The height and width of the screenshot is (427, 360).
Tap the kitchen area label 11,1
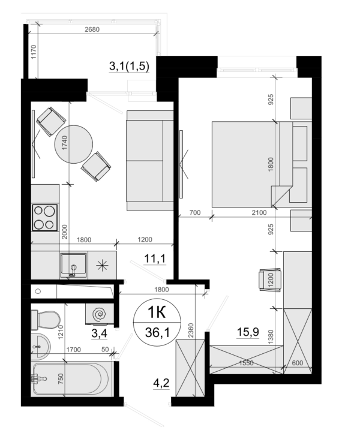coord(155,258)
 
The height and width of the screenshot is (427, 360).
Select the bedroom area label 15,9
coord(248,332)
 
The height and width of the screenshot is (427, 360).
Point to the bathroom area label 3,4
coord(99,333)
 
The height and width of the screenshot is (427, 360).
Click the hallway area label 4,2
coord(161,383)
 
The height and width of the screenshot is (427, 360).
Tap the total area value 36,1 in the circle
coord(157,332)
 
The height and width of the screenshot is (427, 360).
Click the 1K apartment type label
coord(157,312)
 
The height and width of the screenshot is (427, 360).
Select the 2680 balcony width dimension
coord(92,29)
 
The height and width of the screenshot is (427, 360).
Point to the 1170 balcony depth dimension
coord(33,52)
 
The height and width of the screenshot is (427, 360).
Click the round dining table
coord(74,144)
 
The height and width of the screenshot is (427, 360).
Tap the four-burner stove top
coord(45,218)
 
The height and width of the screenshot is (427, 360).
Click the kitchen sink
coord(74,264)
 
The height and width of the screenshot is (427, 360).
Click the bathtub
coord(72,379)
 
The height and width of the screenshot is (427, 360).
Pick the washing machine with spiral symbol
coord(99,314)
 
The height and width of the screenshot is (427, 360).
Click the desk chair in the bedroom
coord(270,280)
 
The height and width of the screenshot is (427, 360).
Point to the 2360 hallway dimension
coord(191,330)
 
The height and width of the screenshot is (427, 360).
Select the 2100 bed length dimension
coord(259,212)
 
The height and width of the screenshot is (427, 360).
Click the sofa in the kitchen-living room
coord(150,161)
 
